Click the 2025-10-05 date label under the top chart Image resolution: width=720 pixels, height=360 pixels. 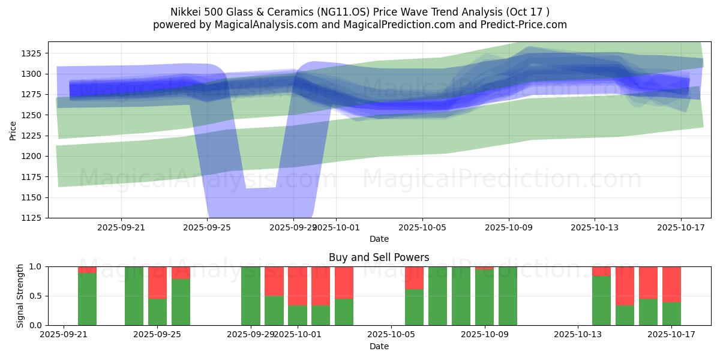(x=422, y=227)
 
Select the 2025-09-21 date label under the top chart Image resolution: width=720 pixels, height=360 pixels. (x=121, y=227)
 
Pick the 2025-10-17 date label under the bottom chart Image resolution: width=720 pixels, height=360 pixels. (x=671, y=335)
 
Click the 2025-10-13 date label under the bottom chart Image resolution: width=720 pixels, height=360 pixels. (x=578, y=335)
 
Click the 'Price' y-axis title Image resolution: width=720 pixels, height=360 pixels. (x=13, y=130)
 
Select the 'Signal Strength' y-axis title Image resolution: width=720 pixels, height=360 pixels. (x=20, y=296)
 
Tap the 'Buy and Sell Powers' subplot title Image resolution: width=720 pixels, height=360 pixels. (x=379, y=257)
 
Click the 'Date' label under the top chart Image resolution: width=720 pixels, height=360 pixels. (x=379, y=239)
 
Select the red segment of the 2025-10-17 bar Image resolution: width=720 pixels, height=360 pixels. (x=671, y=284)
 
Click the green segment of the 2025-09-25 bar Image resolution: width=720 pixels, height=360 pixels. (x=157, y=312)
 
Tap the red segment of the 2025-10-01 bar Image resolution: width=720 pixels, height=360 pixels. (x=297, y=286)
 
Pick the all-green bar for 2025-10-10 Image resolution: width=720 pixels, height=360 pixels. (x=508, y=296)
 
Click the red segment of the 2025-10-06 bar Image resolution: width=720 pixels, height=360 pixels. (x=414, y=277)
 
